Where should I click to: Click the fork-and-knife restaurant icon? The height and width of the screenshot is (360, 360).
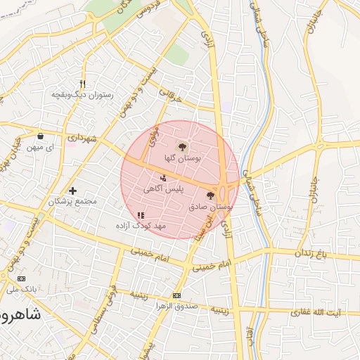pos(83,83)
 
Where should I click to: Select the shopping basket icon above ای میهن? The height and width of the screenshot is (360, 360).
pos(41,136)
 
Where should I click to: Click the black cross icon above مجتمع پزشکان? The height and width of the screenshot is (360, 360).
pos(72,191)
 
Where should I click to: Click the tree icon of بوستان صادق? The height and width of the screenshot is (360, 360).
pos(212,195)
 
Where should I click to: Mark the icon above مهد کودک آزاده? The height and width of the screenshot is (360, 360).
pos(141,215)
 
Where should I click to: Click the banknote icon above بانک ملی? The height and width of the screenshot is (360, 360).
pos(13,278)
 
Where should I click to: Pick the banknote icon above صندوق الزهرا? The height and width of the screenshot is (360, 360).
pos(176,296)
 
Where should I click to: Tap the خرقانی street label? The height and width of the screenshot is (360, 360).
pos(169,96)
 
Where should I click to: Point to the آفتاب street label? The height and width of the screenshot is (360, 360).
pos(250,341)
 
